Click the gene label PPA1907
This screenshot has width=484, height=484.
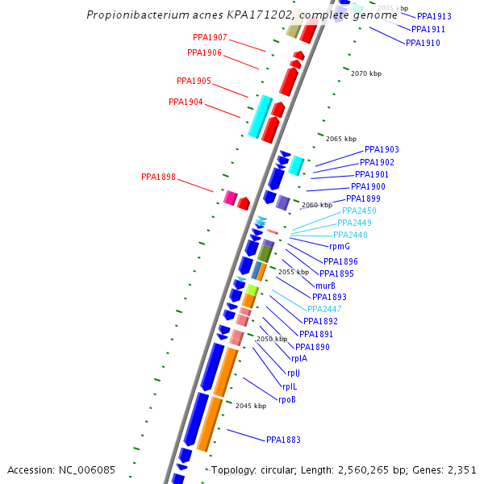tap(210, 38)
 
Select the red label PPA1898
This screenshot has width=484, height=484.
tap(158, 177)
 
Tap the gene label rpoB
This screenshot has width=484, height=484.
tap(287, 399)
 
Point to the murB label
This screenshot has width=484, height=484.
tap(326, 286)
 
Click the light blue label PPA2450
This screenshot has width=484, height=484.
tap(359, 211)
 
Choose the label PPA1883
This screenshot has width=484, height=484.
tap(283, 440)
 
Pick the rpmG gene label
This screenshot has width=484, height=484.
tap(340, 246)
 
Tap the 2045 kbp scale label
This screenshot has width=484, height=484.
tap(251, 406)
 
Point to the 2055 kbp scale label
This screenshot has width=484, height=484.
tap(294, 272)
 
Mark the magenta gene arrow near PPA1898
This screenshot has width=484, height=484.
tap(230, 198)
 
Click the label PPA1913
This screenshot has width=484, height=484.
tap(434, 16)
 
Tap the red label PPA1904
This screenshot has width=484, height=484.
tap(186, 102)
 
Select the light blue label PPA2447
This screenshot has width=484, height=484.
tap(324, 309)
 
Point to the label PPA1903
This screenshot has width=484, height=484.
tap(382, 149)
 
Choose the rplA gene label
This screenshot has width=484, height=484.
tap(298, 358)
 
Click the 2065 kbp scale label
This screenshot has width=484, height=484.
tap(341, 139)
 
